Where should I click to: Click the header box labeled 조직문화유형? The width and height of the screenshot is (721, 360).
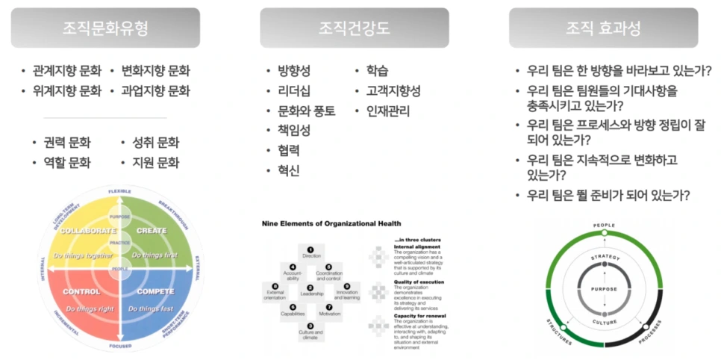[105, 28]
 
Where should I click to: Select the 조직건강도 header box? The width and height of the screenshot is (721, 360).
[354, 28]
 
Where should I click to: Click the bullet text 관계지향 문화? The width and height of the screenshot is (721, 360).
[67, 72]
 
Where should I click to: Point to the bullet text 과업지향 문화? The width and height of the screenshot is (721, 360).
[155, 92]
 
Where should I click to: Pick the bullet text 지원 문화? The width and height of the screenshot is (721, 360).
[155, 163]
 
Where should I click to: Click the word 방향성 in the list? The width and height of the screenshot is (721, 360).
[293, 72]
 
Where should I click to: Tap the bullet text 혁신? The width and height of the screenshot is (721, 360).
[288, 171]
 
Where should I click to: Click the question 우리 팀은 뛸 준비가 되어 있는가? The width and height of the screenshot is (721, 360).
[608, 196]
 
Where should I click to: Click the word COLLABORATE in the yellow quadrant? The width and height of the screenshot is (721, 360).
[88, 231]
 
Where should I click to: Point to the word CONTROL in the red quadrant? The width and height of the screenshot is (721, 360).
[82, 291]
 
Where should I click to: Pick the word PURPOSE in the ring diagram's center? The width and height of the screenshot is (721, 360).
[604, 287]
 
